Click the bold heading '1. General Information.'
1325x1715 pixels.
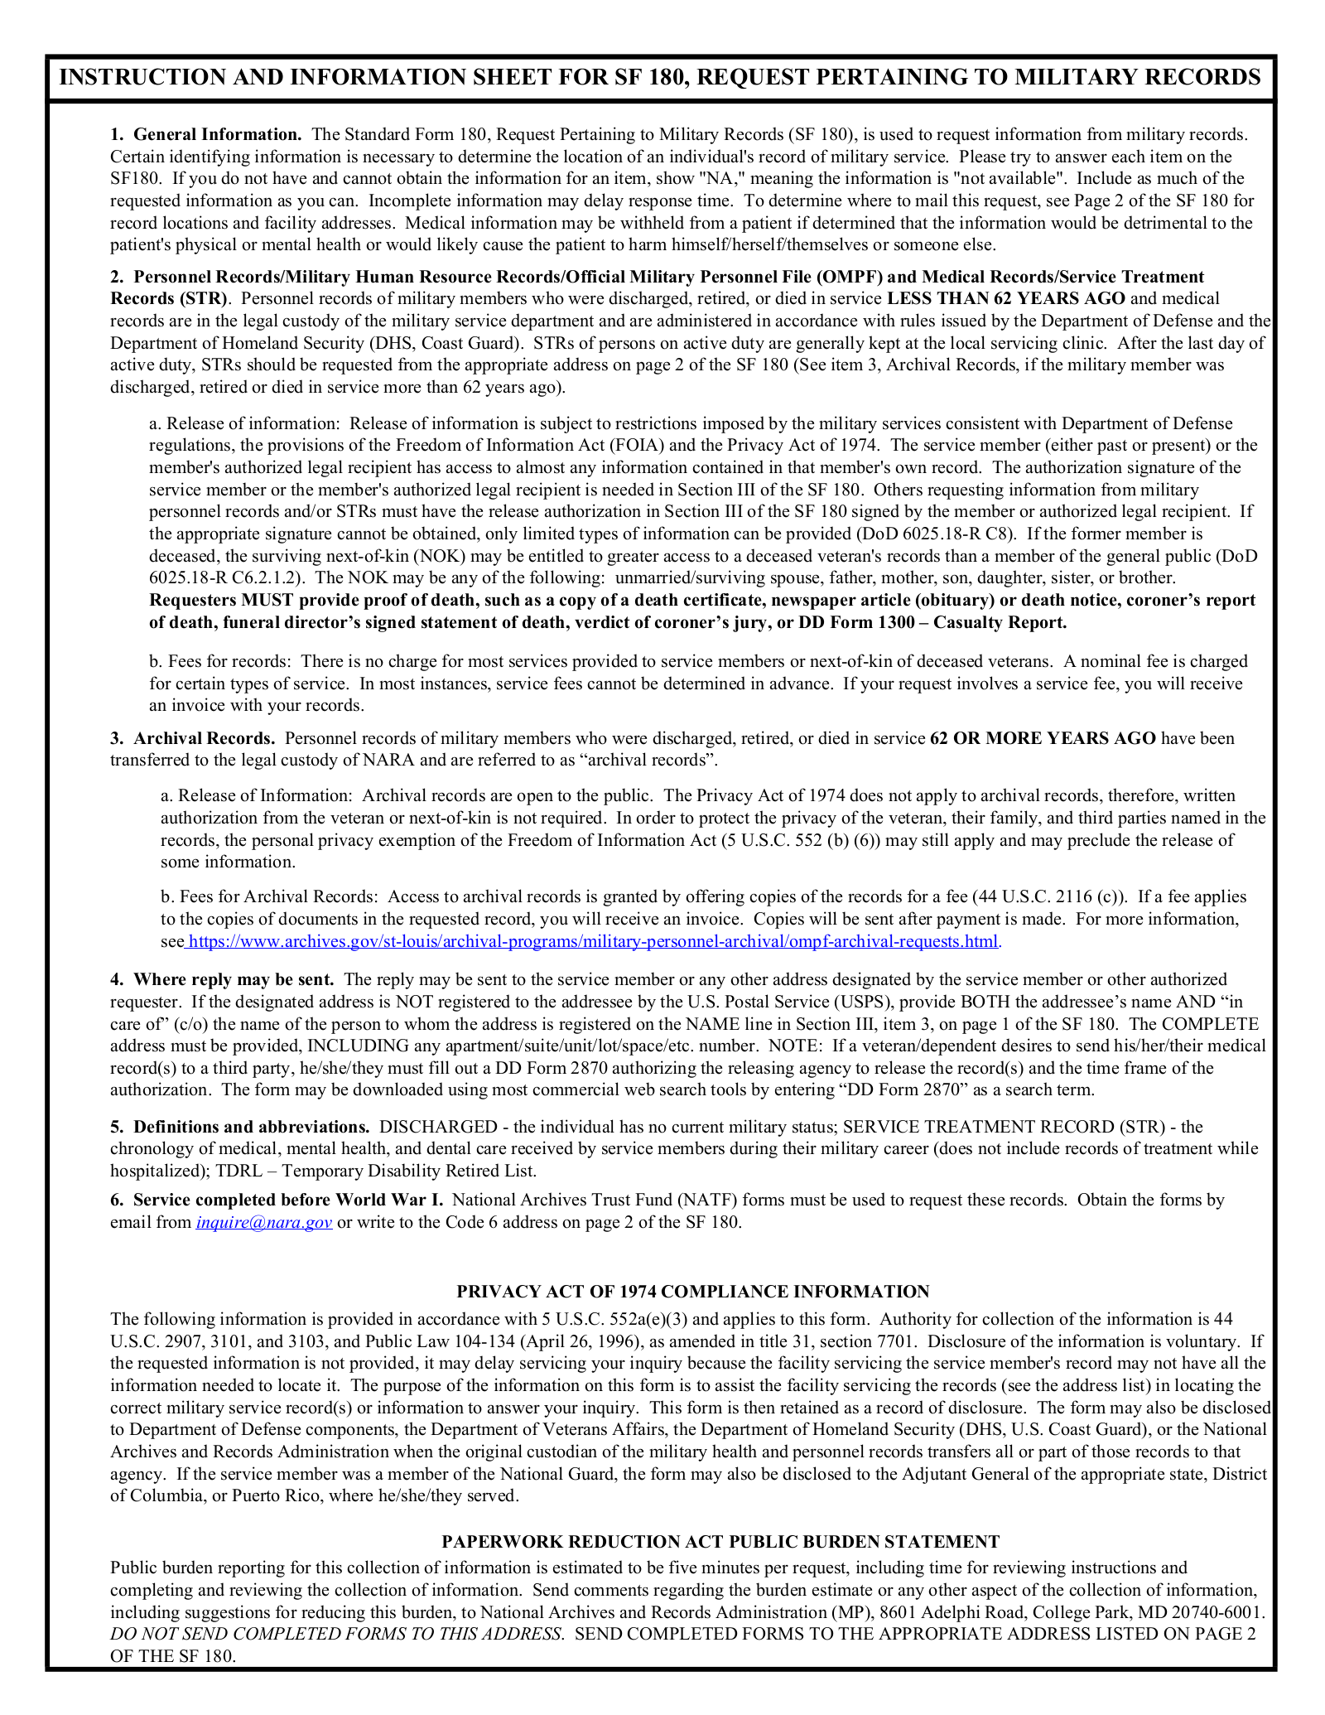[206, 134]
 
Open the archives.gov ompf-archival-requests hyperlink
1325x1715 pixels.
[593, 941]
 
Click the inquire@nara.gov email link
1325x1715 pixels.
[264, 1222]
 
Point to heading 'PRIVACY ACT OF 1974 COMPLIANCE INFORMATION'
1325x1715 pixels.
[692, 1292]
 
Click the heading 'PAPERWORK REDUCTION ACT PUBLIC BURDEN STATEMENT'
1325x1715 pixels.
[720, 1542]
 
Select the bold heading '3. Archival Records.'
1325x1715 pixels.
[193, 738]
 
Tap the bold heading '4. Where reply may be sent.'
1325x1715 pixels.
[222, 979]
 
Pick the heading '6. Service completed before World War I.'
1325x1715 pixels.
[277, 1200]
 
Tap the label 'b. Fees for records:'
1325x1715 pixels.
[220, 661]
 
